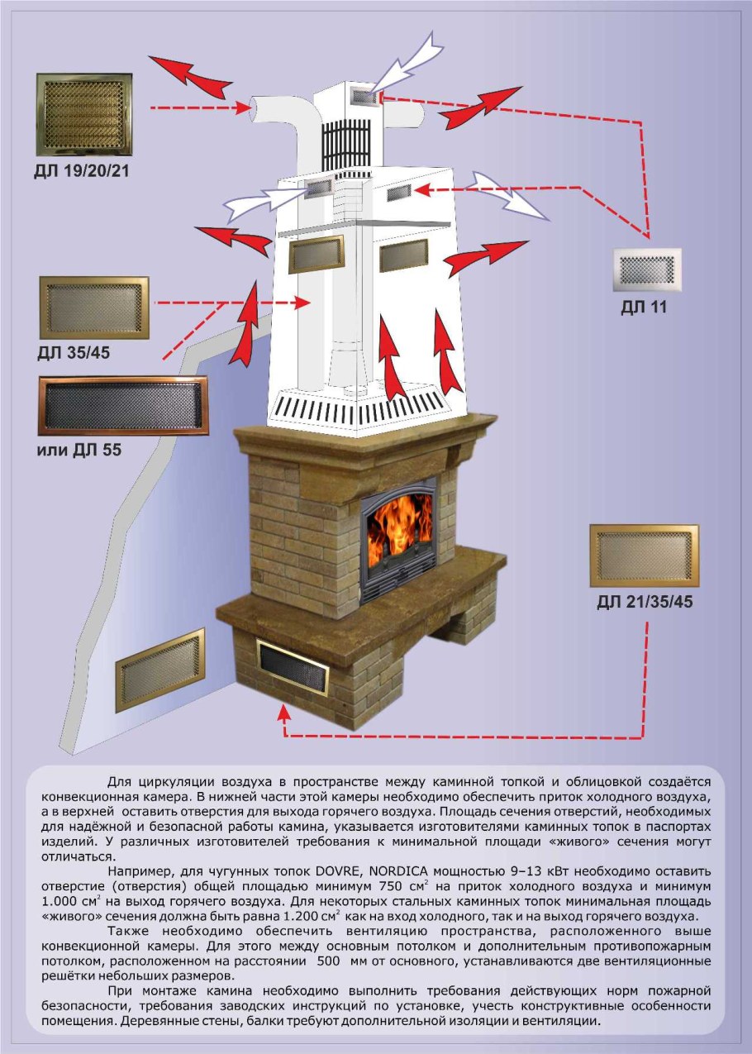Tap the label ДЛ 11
tap(643, 308)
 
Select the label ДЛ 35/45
tap(74, 354)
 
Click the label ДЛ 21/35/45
tap(645, 601)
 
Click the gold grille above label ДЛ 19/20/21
tap(84, 114)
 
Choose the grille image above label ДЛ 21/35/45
tap(644, 555)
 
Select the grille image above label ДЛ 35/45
tap(94, 308)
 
